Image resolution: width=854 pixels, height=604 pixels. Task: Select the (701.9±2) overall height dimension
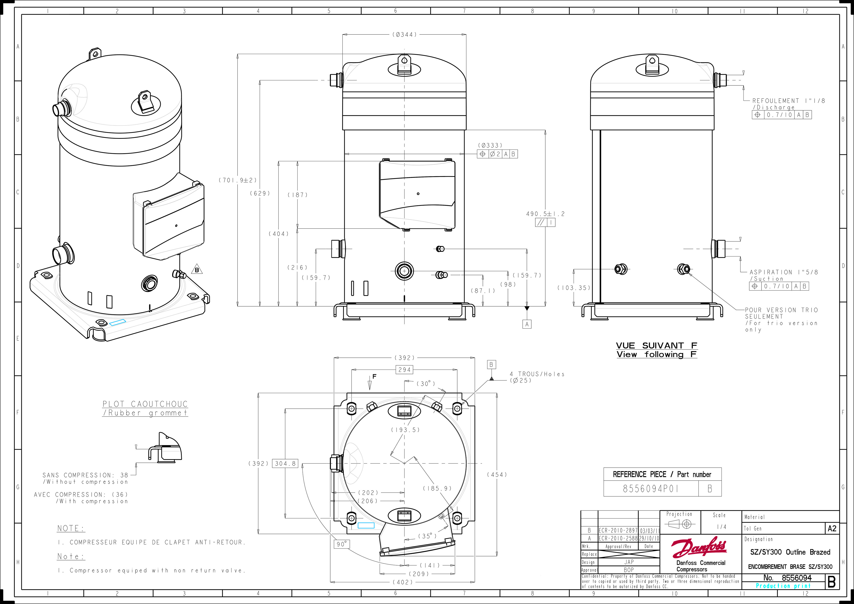pyautogui.click(x=237, y=180)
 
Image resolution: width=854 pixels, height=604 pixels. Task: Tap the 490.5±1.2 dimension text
pyautogui.click(x=545, y=214)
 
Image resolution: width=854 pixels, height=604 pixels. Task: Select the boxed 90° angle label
pyautogui.click(x=341, y=544)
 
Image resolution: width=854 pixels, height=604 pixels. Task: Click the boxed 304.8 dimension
pyautogui.click(x=285, y=464)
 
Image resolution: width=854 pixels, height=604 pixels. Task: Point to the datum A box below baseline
pyautogui.click(x=527, y=324)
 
